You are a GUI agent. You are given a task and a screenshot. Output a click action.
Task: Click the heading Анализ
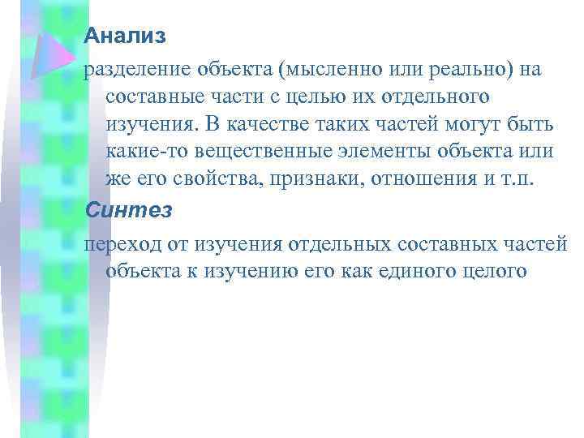pos(125,36)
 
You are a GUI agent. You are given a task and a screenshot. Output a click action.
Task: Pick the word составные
pos(157,98)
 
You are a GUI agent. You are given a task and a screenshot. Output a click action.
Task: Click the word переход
pos(118,244)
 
